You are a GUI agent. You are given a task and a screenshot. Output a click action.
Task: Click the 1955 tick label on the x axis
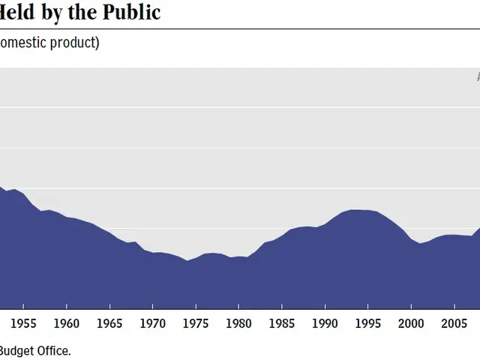pos(23,323)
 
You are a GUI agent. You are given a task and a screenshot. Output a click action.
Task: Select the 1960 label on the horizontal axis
pos(67,323)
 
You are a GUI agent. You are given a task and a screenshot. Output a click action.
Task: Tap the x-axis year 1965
pos(109,323)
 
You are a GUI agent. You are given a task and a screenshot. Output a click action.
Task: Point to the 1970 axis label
pos(152,323)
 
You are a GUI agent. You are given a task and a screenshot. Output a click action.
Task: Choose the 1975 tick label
pos(196,323)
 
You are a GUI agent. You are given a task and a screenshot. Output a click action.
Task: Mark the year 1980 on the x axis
pos(238,323)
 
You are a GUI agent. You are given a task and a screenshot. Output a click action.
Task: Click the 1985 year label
pos(282,323)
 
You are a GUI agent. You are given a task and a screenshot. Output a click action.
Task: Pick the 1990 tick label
pos(325,323)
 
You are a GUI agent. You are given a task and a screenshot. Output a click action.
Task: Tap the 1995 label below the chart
pos(367,323)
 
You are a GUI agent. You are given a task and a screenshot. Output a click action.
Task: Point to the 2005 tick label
pos(454,323)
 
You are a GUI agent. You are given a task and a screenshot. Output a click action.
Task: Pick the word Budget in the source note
pos(16,350)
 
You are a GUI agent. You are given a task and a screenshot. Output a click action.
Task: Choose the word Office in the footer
pos(53,350)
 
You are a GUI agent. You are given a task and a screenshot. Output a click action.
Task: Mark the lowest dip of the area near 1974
pos(187,261)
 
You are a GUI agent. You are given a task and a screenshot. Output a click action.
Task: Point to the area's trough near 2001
pos(420,244)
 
